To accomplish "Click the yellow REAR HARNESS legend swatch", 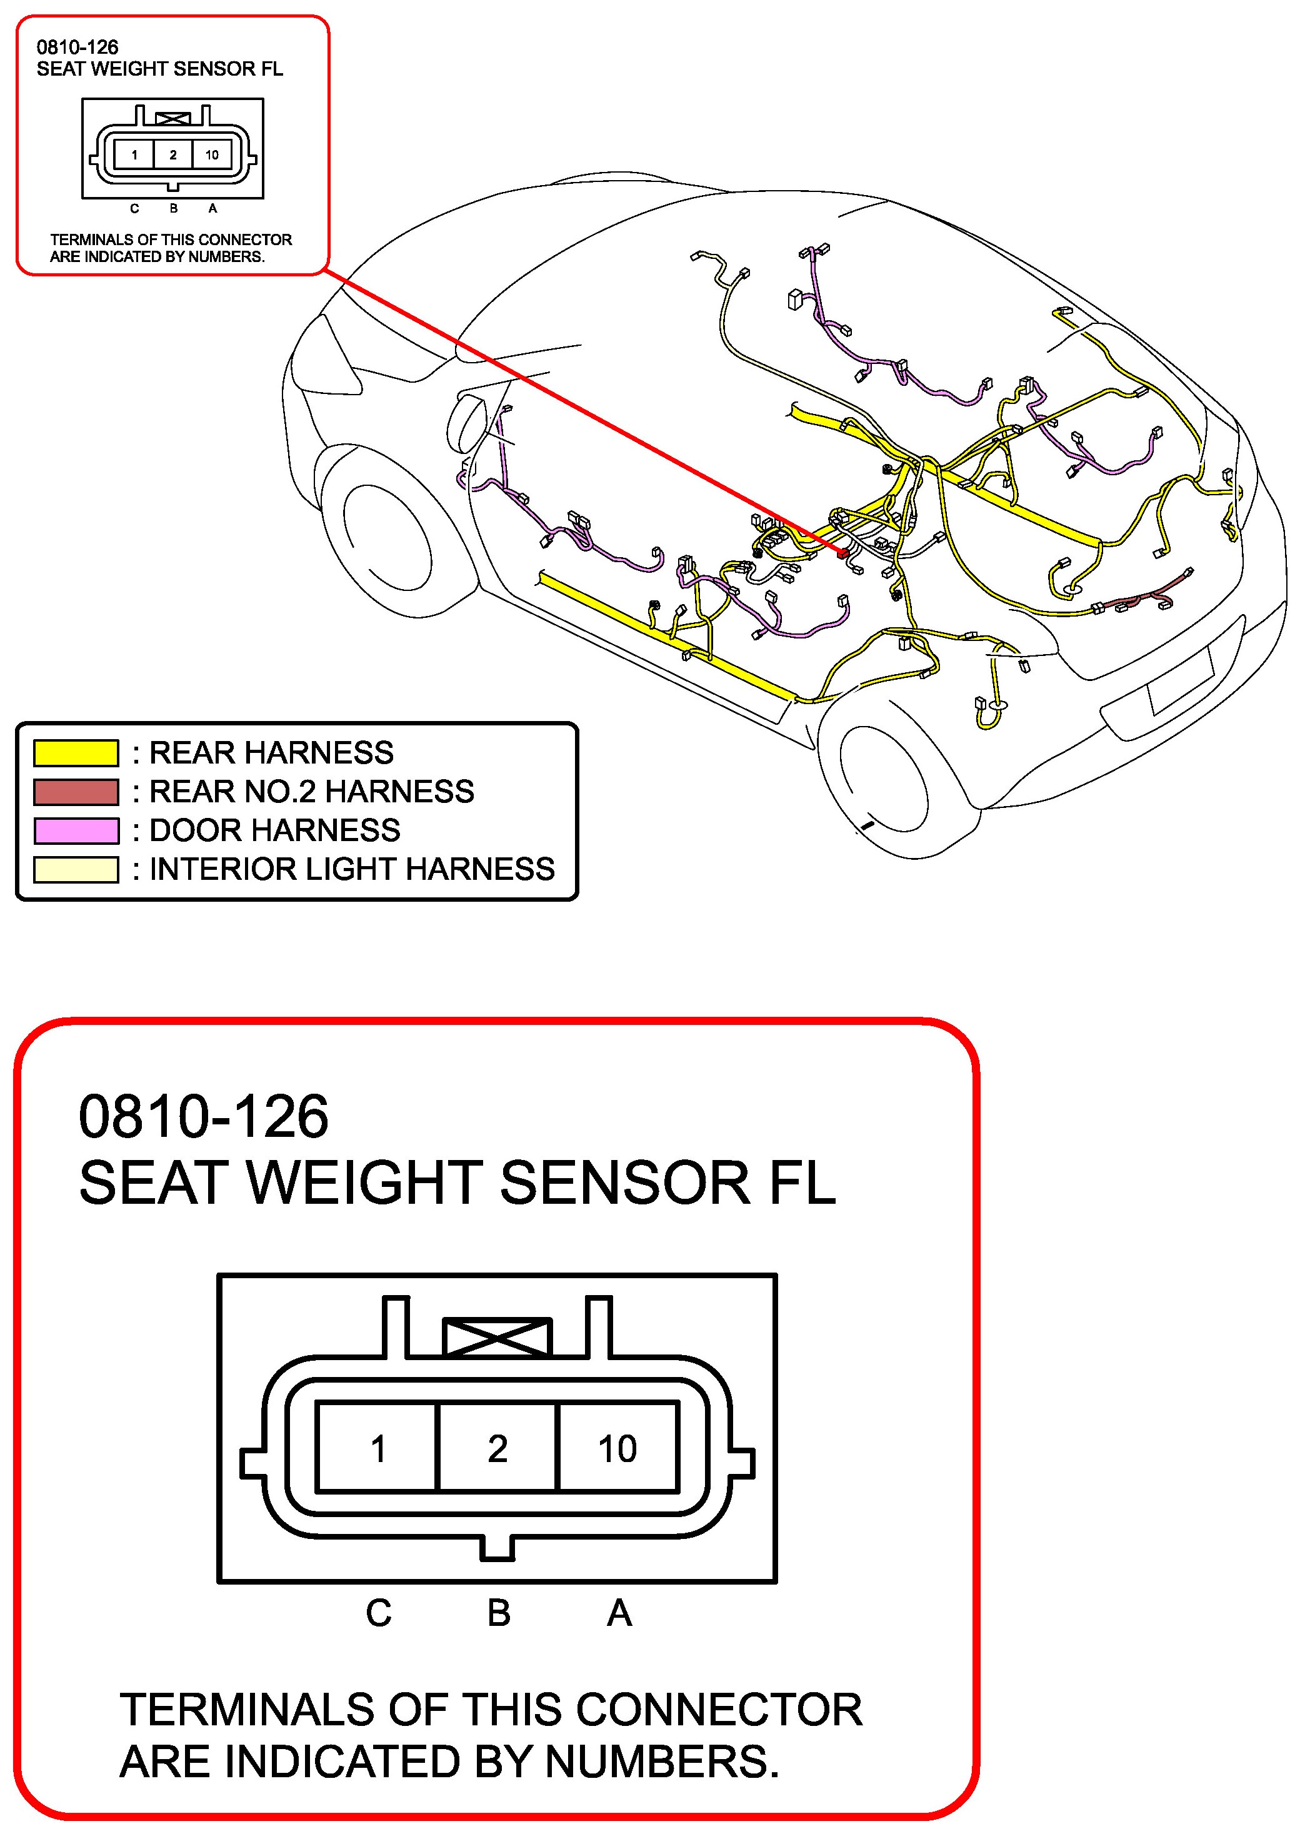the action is (76, 753).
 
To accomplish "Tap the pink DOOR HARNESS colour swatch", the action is (76, 830).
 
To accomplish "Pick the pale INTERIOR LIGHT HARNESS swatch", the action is (76, 869).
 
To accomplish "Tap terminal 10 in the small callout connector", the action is (212, 154).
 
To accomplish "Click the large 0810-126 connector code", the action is (203, 1116).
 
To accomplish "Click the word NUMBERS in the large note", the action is (662, 1762).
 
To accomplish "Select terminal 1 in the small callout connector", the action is (134, 154).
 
